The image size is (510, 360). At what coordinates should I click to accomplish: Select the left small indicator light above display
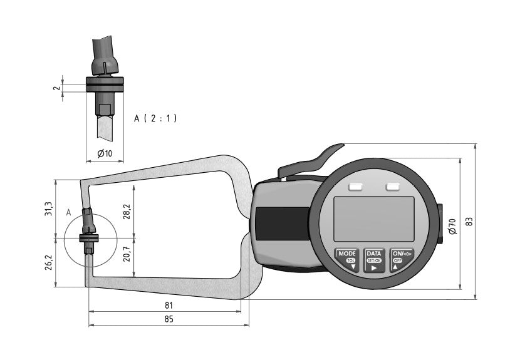click(x=356, y=187)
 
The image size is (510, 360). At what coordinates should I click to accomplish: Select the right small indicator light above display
click(x=393, y=187)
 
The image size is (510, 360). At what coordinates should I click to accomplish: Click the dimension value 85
click(x=168, y=319)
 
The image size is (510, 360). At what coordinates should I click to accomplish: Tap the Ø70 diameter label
click(x=452, y=226)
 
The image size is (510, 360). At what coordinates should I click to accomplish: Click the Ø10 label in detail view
click(x=105, y=154)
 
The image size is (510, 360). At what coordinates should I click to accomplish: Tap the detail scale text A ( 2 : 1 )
click(x=155, y=118)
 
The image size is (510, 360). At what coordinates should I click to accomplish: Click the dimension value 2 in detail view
click(x=56, y=88)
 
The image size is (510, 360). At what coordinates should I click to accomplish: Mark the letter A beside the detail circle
click(x=68, y=212)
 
